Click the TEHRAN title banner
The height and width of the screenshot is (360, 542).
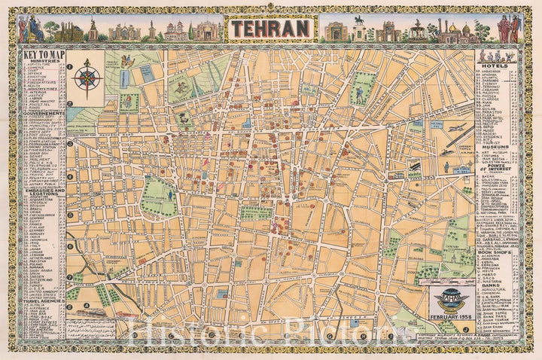271,29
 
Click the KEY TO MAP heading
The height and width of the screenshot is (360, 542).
41,55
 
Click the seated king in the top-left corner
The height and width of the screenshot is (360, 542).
32,29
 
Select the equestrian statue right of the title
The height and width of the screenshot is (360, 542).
360,24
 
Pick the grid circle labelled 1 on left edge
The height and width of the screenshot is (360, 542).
69,66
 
